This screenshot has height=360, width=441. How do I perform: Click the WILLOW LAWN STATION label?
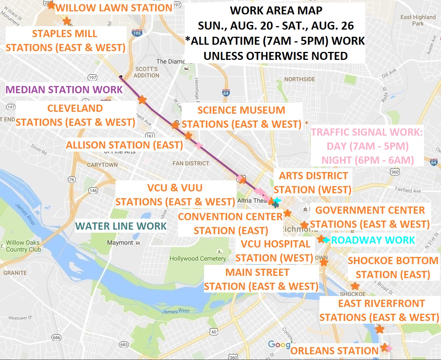click(114, 8)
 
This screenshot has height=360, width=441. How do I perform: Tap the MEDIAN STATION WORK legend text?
click(64, 90)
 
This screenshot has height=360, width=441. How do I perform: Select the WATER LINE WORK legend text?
click(121, 226)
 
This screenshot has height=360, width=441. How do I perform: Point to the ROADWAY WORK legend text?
click(373, 240)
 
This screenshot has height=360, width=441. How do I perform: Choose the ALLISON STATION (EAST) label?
click(125, 145)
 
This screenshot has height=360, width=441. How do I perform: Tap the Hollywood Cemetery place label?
click(198, 259)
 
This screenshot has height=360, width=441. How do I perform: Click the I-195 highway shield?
click(137, 34)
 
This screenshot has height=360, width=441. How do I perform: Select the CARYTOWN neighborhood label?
click(102, 165)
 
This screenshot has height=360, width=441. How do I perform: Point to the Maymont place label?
click(120, 243)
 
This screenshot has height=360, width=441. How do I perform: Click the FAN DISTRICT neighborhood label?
click(191, 163)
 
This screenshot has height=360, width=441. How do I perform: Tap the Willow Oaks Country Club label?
click(23, 246)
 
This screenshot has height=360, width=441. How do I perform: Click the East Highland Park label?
click(418, 20)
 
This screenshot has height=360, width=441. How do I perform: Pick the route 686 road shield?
click(56, 337)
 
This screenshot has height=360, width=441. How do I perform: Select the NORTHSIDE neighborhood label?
click(299, 79)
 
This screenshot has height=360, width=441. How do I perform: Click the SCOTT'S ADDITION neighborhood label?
click(146, 72)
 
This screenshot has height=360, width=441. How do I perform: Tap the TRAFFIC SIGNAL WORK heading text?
click(367, 132)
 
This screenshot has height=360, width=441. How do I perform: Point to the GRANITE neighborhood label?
click(15, 273)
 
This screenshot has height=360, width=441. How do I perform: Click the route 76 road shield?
click(72, 179)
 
